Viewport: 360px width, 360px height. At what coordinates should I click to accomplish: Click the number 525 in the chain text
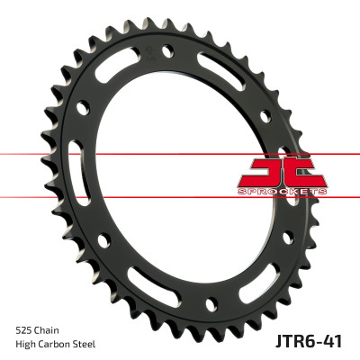pos(24,329)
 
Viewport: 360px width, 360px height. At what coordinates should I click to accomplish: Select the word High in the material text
pos(26,346)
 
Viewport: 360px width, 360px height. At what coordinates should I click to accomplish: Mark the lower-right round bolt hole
pos(287,238)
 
